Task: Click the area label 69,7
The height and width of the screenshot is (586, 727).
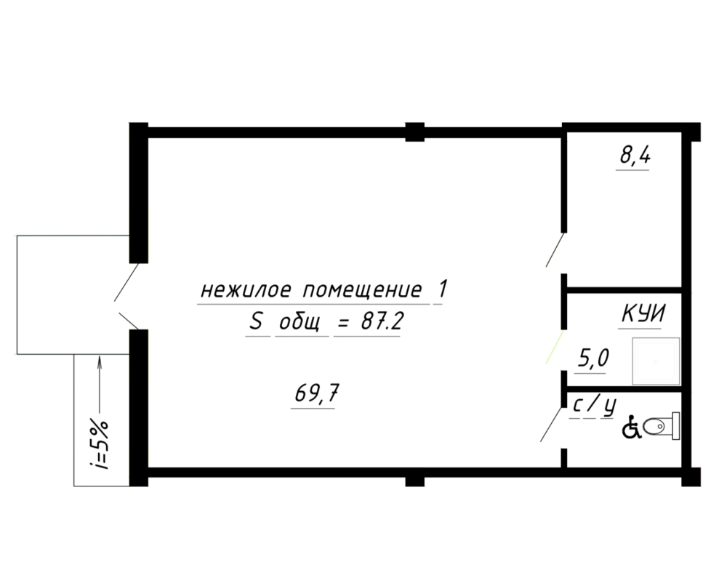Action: point(315,394)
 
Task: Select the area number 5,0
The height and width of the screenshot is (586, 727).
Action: point(592,358)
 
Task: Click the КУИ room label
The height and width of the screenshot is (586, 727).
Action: point(642,314)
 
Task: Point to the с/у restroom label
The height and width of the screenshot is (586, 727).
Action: point(595,406)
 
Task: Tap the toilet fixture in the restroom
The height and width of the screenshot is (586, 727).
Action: point(662,426)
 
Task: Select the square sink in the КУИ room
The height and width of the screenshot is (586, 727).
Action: point(656,361)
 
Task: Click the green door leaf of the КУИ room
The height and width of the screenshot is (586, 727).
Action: point(555,346)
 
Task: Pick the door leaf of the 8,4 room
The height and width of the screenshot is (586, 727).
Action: point(555,249)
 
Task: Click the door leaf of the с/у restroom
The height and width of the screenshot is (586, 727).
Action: point(552,425)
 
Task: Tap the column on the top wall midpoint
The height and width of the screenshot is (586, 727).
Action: point(415,132)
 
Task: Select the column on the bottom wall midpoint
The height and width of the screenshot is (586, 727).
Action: point(414,477)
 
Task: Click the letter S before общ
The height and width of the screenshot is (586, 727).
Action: point(255,322)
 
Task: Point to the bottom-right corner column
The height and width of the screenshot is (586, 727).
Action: point(691,477)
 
